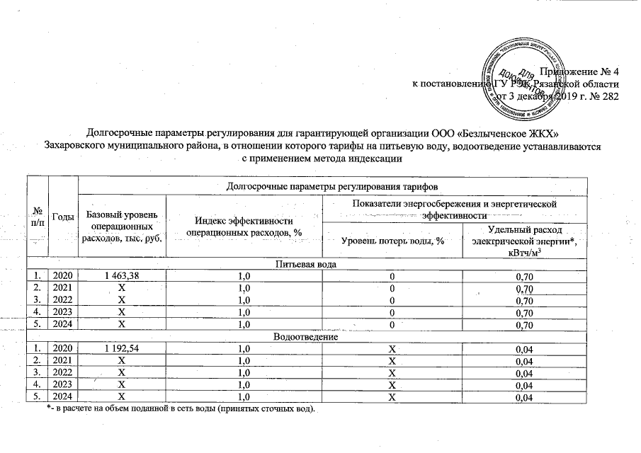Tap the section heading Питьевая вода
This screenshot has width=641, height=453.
pyautogui.click(x=306, y=264)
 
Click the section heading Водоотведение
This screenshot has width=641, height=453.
pyautogui.click(x=306, y=338)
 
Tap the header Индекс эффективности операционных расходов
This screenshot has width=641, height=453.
pyautogui.click(x=244, y=226)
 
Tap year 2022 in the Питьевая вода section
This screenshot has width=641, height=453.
pyautogui.click(x=63, y=299)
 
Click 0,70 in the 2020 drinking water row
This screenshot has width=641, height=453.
pyautogui.click(x=523, y=275)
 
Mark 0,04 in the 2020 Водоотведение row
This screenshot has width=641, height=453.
pyautogui.click(x=523, y=349)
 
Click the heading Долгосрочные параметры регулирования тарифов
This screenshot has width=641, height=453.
pyautogui.click(x=331, y=185)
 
